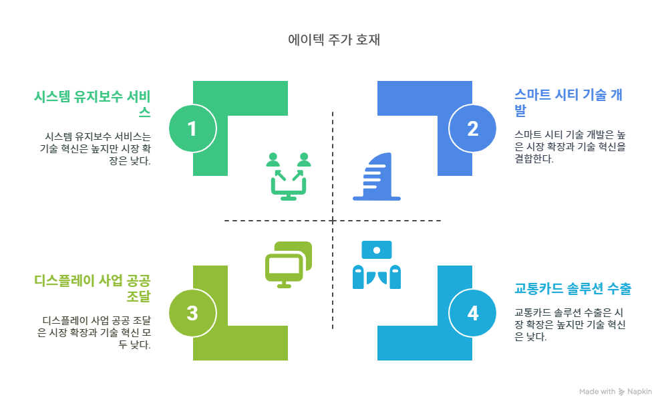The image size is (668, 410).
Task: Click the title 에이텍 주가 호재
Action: pos(333,39)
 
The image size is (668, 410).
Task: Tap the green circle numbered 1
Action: pos(192,128)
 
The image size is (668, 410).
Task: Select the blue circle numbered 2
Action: pos(473,128)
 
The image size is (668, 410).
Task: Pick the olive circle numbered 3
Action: pos(192,313)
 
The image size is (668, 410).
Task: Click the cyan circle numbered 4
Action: pos(473,313)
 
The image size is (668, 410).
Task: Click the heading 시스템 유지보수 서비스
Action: pos(92,103)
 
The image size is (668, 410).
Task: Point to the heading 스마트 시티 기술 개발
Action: pos(568,102)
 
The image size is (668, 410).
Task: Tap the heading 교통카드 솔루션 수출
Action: pos(573,289)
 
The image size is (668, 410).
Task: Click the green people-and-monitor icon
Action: pos(289,177)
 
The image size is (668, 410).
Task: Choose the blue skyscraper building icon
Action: pos(377,177)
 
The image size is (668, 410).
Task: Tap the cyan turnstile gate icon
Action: pos(377,264)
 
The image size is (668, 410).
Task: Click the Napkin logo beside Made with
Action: pos(622,392)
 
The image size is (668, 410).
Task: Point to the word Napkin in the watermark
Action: pos(640,392)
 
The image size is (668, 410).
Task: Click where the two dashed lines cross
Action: pos(333,220)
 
